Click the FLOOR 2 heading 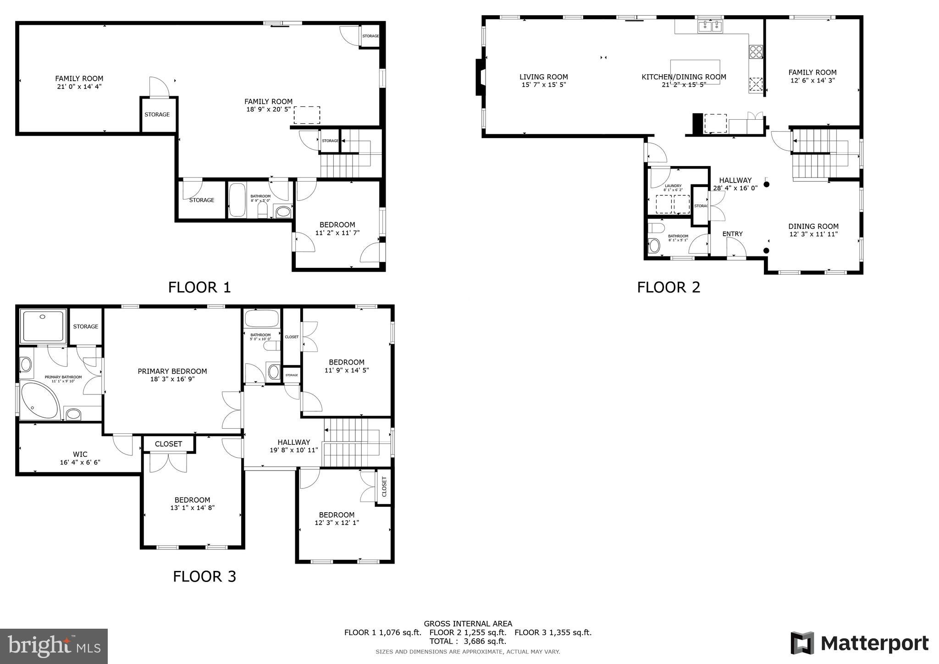668,288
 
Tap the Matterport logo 859,643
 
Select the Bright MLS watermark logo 54,646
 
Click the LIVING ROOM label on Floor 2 543,77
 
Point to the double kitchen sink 710,27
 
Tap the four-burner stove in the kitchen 756,52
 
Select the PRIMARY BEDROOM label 172,371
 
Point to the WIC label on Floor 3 80,454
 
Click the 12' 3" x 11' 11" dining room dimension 813,234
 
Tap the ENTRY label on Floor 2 732,234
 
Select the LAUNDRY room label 673,186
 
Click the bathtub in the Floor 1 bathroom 237,200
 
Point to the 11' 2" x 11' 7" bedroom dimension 337,233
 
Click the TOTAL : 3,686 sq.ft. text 468,641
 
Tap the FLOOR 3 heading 204,576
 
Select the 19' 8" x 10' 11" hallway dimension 293,450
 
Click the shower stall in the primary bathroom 43,326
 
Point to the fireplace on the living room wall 480,77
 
